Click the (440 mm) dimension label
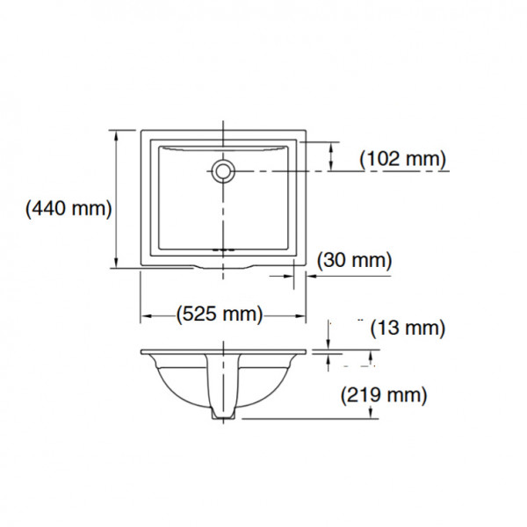tap(69, 209)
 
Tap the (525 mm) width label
tap(220, 314)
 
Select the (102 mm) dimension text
tap(402, 159)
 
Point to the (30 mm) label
tap(355, 260)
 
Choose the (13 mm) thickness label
tap(408, 328)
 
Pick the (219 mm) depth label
tap(384, 394)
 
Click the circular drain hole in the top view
tap(223, 171)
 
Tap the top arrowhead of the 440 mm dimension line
tap(116, 136)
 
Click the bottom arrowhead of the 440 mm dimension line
tap(116, 262)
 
